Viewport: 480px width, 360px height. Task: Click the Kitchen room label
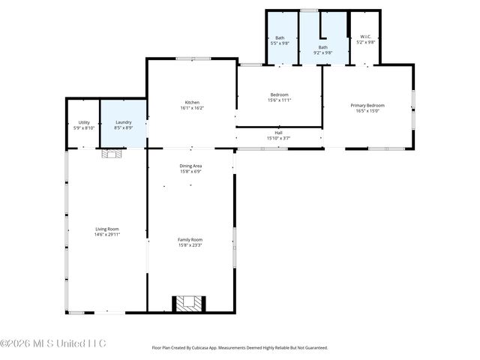[x=193, y=102]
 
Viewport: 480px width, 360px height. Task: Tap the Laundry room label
[x=124, y=122]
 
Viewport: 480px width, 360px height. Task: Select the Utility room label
[x=84, y=122]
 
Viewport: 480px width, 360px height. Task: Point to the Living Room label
[x=107, y=229]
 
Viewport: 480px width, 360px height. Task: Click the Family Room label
[x=190, y=239]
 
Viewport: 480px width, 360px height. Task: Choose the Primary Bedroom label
[x=367, y=106]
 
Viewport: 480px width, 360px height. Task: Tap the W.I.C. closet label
[x=366, y=37]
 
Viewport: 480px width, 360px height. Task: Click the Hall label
[x=278, y=133]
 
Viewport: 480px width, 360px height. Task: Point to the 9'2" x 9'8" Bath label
[x=322, y=46]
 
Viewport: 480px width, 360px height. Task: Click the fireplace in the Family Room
[x=190, y=303]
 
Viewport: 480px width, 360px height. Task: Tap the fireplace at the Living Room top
[x=111, y=154]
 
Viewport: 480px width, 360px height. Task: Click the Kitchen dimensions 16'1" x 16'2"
[x=193, y=108]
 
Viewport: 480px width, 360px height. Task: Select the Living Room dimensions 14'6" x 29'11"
[x=107, y=235]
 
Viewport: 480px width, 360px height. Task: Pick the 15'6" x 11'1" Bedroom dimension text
[x=279, y=100]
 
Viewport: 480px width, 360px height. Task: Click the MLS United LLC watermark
[x=54, y=343]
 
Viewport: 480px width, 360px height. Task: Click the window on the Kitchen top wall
[x=193, y=58]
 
